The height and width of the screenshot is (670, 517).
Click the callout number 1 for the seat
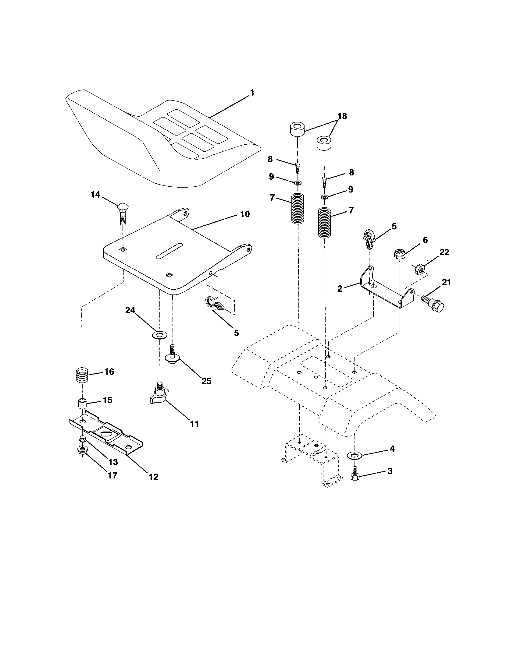(252, 93)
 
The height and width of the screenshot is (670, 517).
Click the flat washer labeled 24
(159, 334)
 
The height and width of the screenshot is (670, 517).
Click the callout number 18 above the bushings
(342, 116)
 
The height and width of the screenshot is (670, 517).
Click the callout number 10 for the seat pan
(245, 214)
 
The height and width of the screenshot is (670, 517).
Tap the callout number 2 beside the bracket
(340, 288)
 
